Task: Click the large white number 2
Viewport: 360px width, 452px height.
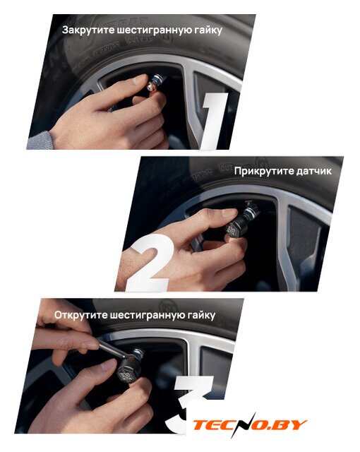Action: click(150, 262)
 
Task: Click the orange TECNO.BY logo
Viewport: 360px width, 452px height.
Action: click(249, 425)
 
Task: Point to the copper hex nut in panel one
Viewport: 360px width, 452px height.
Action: click(151, 86)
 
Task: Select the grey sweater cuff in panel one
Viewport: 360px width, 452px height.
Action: click(39, 141)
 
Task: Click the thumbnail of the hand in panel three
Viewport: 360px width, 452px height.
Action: click(107, 365)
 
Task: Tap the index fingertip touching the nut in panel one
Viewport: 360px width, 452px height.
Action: click(140, 79)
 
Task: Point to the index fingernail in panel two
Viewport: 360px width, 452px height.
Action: click(229, 213)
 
